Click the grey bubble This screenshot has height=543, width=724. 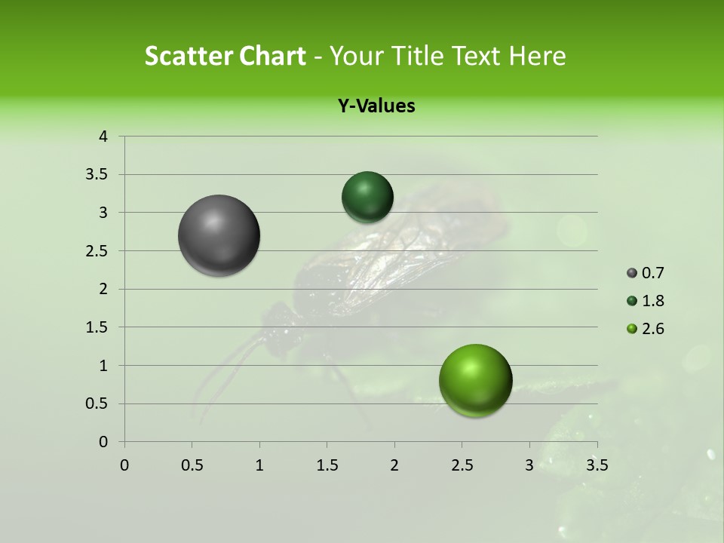(219, 235)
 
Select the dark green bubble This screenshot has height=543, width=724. (367, 197)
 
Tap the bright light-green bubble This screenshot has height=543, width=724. (475, 380)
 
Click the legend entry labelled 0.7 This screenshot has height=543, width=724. (645, 273)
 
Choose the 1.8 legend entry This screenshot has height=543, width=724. (645, 301)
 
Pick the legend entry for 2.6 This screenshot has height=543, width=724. (645, 329)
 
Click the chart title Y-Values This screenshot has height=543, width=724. (376, 106)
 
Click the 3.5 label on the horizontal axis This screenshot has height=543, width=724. (597, 465)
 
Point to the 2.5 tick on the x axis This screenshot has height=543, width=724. (462, 465)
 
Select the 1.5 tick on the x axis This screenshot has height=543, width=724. (327, 465)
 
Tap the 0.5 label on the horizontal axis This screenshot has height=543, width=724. (192, 465)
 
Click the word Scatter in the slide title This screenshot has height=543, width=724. (188, 56)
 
